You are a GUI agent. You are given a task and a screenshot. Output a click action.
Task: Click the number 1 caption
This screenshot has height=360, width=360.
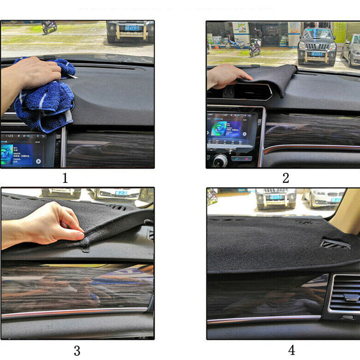point(65,178)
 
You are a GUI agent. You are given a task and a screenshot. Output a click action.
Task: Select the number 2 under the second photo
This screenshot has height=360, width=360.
point(286,178)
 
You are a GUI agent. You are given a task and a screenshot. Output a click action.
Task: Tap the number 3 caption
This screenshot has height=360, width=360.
point(77,350)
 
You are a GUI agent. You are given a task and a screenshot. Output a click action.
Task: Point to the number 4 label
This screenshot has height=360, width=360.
point(291,350)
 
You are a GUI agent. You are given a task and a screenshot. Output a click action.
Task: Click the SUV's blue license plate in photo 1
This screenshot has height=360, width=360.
point(132,28)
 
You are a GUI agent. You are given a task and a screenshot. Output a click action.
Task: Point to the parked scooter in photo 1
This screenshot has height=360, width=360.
point(49,27)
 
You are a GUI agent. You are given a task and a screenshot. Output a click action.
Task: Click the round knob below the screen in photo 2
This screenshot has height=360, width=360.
point(220,160)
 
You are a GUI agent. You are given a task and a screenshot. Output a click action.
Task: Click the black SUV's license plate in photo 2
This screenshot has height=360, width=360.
point(316,54)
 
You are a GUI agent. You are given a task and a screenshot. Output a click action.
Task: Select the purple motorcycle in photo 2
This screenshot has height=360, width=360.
point(255,47)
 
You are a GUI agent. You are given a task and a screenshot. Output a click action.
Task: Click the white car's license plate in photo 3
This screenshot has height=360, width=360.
point(121,193)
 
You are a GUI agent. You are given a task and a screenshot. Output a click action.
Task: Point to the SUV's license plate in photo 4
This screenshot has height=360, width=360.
point(275,198)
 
